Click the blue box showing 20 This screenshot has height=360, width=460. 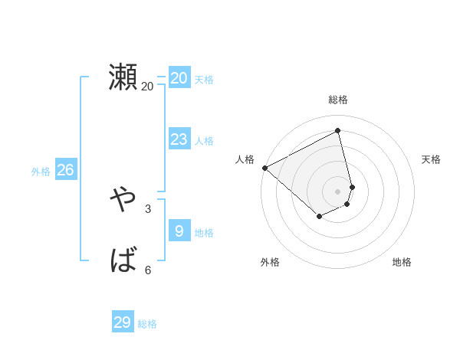point(179,78)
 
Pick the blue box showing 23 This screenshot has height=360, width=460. point(179,139)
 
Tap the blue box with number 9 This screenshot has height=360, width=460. point(179,231)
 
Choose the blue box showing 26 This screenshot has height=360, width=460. point(65,170)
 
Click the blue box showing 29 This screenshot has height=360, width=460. point(123,322)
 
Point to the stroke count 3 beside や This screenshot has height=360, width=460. point(148,208)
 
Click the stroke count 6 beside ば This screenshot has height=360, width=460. point(148,270)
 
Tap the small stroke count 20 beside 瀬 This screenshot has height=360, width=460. point(147,87)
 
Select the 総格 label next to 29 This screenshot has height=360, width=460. point(147,324)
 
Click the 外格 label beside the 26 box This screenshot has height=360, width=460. point(41,172)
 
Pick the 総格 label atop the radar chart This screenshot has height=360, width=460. point(338,100)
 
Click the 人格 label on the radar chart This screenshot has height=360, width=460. point(245,159)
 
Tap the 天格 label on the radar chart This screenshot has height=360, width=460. point(431,159)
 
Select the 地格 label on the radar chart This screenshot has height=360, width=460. point(402,262)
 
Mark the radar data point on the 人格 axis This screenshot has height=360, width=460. point(264,168)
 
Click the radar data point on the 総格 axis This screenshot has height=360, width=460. point(338,131)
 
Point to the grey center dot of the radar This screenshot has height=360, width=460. point(338,191)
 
